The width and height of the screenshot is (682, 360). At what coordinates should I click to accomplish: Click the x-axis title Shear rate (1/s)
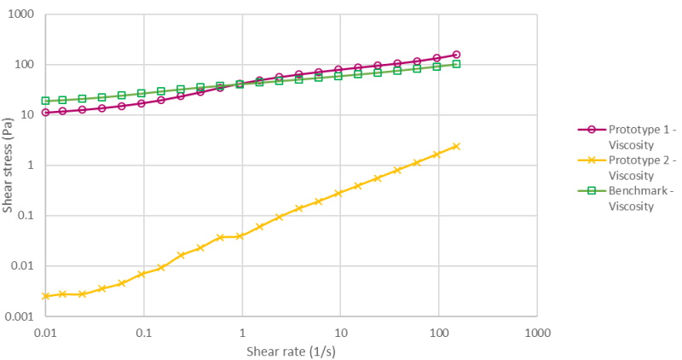pos(291,351)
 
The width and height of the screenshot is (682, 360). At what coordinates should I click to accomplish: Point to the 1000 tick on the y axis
pos(25,15)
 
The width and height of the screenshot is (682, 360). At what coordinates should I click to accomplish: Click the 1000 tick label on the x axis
pos(537,331)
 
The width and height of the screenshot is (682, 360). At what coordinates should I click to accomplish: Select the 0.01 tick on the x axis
pos(45,331)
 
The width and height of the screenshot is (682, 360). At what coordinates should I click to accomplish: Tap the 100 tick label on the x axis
pos(438,331)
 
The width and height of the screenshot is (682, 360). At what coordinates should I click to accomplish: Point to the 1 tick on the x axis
pos(242,331)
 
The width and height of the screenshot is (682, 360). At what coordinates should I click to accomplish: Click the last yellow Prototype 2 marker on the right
pos(456,146)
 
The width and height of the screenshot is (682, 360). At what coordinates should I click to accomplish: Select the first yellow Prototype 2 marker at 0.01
pos(45,296)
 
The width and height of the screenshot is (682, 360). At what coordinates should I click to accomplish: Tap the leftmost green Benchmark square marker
pos(45,101)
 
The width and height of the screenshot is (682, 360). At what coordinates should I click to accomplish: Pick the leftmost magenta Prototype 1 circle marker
pos(45,112)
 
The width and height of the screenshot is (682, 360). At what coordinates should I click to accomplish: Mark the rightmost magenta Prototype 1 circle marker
pos(456,55)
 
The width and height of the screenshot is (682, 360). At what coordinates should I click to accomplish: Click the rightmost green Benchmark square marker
pos(456,64)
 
